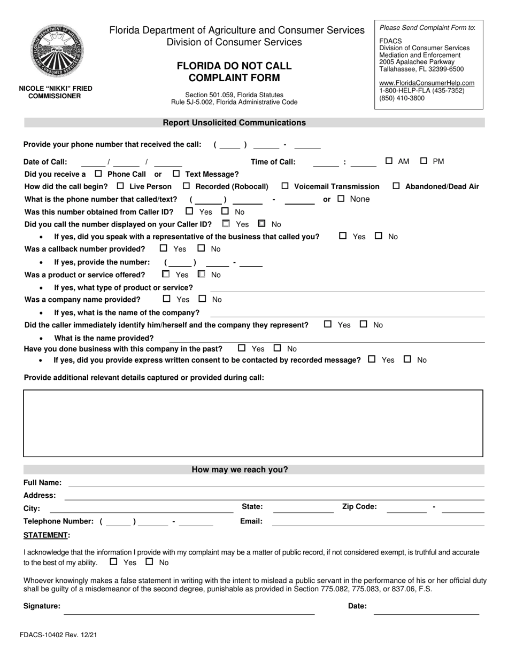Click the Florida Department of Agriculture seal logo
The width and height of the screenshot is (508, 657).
(x=56, y=52)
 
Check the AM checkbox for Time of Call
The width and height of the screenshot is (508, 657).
(x=389, y=161)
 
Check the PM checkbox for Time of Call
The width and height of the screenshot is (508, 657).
(x=424, y=161)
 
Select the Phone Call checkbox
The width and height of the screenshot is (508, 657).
(x=98, y=174)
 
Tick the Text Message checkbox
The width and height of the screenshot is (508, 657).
(x=176, y=174)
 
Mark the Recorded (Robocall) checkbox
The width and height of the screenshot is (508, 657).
(x=186, y=186)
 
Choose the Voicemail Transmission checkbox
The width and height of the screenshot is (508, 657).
(x=284, y=186)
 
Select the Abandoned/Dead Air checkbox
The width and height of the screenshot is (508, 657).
(x=396, y=186)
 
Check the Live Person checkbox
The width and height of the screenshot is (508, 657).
(x=120, y=186)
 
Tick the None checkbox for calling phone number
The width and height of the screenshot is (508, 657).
(x=341, y=199)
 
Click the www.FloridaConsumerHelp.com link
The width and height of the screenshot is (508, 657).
(x=426, y=83)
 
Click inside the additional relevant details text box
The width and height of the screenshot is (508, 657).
(x=253, y=423)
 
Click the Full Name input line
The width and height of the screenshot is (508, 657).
(x=276, y=483)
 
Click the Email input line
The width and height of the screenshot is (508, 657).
(x=378, y=522)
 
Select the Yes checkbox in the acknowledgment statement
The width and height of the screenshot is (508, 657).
(x=113, y=562)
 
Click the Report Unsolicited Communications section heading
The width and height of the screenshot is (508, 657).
(x=234, y=122)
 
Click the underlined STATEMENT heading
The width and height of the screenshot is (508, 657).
(x=47, y=535)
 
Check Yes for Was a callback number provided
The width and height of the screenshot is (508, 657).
(x=164, y=248)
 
